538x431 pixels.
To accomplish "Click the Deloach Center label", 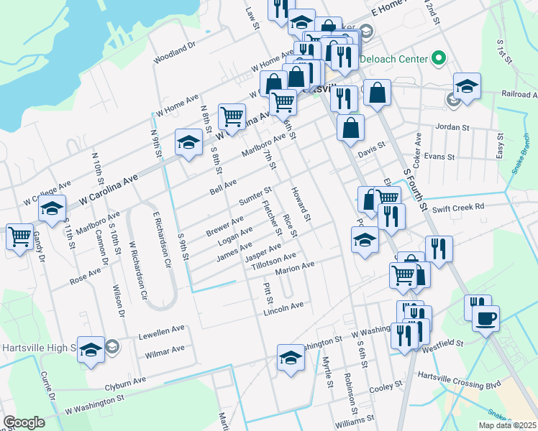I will coord(393,58).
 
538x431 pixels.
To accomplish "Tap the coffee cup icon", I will coord(486,318).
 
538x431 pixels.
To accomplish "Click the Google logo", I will coord(24,422).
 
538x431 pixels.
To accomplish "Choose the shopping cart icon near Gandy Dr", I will coord(19,236).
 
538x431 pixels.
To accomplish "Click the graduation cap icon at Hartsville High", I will coord(91,349).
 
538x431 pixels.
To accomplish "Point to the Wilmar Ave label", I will coord(164,351).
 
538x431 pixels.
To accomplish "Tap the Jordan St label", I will coord(452,127).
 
